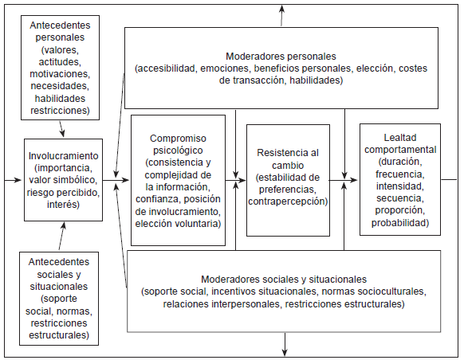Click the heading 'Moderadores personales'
tap(281, 57)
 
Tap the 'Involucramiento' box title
tap(63, 156)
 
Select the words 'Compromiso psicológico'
tap(177, 143)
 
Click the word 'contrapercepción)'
tap(288, 202)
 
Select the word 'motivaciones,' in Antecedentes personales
tap(60, 74)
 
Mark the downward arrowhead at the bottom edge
tap(285, 351)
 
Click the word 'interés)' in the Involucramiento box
tap(63, 205)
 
